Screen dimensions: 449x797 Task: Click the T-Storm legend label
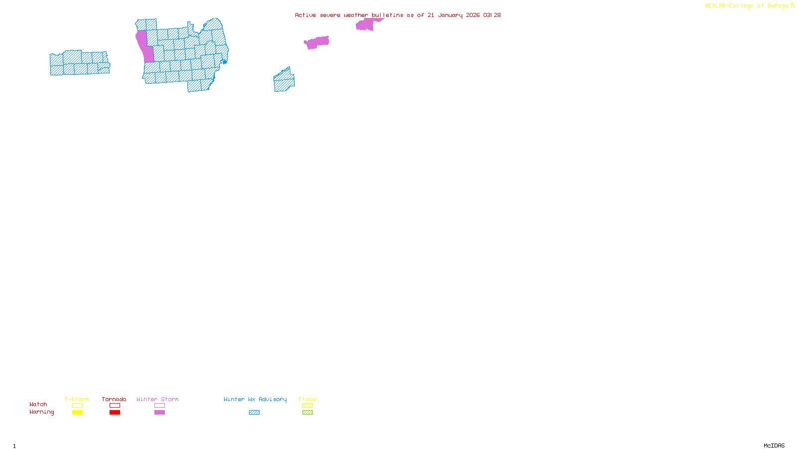(x=77, y=399)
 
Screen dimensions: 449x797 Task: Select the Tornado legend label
(x=114, y=399)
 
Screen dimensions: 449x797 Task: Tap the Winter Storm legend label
(x=157, y=399)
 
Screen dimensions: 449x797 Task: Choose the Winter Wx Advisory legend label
(x=255, y=399)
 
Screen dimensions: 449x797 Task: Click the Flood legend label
(x=307, y=399)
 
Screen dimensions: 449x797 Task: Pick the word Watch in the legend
(x=38, y=404)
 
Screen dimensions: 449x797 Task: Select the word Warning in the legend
(x=42, y=412)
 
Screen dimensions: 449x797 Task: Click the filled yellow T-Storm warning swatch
(x=77, y=413)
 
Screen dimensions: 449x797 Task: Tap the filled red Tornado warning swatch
(x=115, y=413)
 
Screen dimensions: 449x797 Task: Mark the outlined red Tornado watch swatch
(x=115, y=406)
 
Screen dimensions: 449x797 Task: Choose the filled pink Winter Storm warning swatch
(x=159, y=413)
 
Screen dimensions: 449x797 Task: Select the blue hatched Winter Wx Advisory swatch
(x=254, y=413)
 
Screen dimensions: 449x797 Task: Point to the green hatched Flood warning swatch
(x=307, y=413)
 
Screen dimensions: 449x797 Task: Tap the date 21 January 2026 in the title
(x=453, y=15)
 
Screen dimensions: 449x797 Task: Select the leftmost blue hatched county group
(x=80, y=63)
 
